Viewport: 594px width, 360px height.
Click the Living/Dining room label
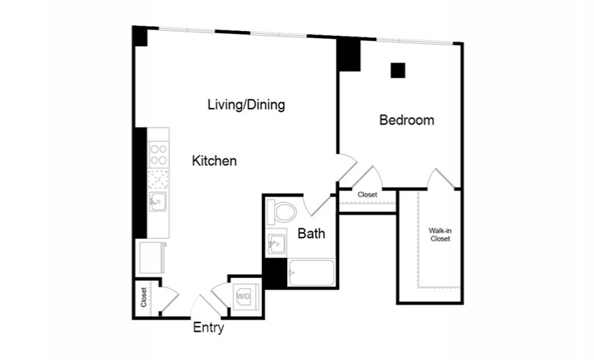pos(246,104)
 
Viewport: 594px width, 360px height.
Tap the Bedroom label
pos(407,120)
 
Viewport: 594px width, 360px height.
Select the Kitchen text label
pos(214,161)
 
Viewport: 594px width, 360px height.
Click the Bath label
pos(311,233)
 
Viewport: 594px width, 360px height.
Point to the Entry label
pos(209,328)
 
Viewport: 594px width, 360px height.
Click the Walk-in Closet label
pos(440,234)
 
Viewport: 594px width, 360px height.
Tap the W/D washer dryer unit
pos(243,296)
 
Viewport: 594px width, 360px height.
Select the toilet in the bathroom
pos(282,212)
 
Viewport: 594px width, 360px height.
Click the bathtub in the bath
pos(310,273)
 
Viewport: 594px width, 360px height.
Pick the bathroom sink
pos(276,244)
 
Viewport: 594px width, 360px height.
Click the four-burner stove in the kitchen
pos(158,154)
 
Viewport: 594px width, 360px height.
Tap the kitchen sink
pos(158,202)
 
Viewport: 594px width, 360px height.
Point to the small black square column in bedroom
pos(397,70)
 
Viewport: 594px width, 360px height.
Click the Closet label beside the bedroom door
pos(367,194)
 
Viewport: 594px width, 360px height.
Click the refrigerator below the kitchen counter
pos(153,257)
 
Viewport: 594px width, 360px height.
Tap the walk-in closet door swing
pos(441,179)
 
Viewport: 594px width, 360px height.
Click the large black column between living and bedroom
pos(349,55)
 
